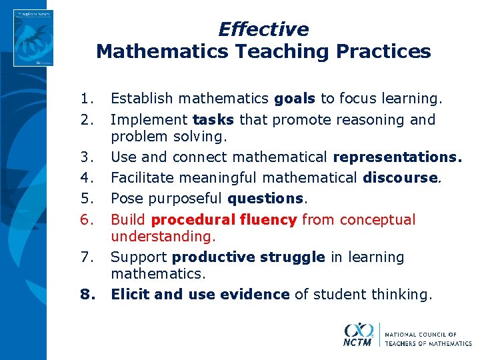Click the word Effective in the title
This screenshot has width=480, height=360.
[263, 29]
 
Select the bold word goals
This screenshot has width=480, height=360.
[295, 99]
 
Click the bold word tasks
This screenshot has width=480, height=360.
[213, 120]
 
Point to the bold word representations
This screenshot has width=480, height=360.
[397, 157]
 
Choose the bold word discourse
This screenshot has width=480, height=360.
[401, 178]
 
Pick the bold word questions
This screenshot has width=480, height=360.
[265, 199]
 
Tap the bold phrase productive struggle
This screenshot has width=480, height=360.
[249, 257]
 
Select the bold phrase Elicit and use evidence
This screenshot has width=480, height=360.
[200, 294]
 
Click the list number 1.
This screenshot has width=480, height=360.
[85, 99]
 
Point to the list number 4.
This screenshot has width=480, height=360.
[85, 178]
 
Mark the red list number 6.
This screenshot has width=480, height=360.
[85, 220]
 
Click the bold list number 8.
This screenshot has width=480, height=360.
[85, 294]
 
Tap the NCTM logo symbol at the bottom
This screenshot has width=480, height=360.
[359, 333]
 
